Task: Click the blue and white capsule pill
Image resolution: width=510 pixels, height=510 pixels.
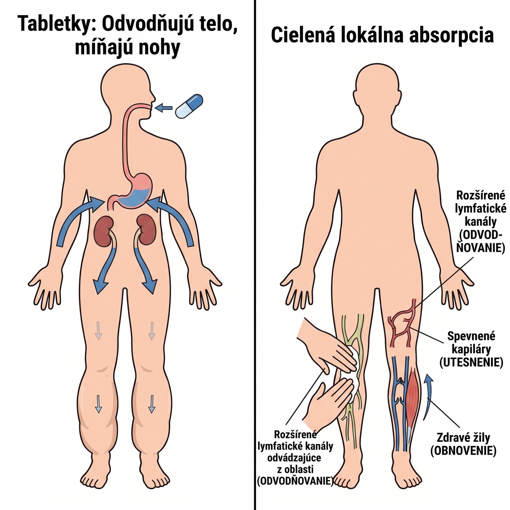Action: click(189, 106)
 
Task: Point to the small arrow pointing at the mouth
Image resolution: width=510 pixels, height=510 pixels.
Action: click(164, 108)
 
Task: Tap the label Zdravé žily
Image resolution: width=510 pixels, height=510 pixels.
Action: click(463, 438)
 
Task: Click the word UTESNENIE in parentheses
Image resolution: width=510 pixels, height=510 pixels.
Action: click(471, 362)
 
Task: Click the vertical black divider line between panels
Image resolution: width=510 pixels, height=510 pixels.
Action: click(255, 255)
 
